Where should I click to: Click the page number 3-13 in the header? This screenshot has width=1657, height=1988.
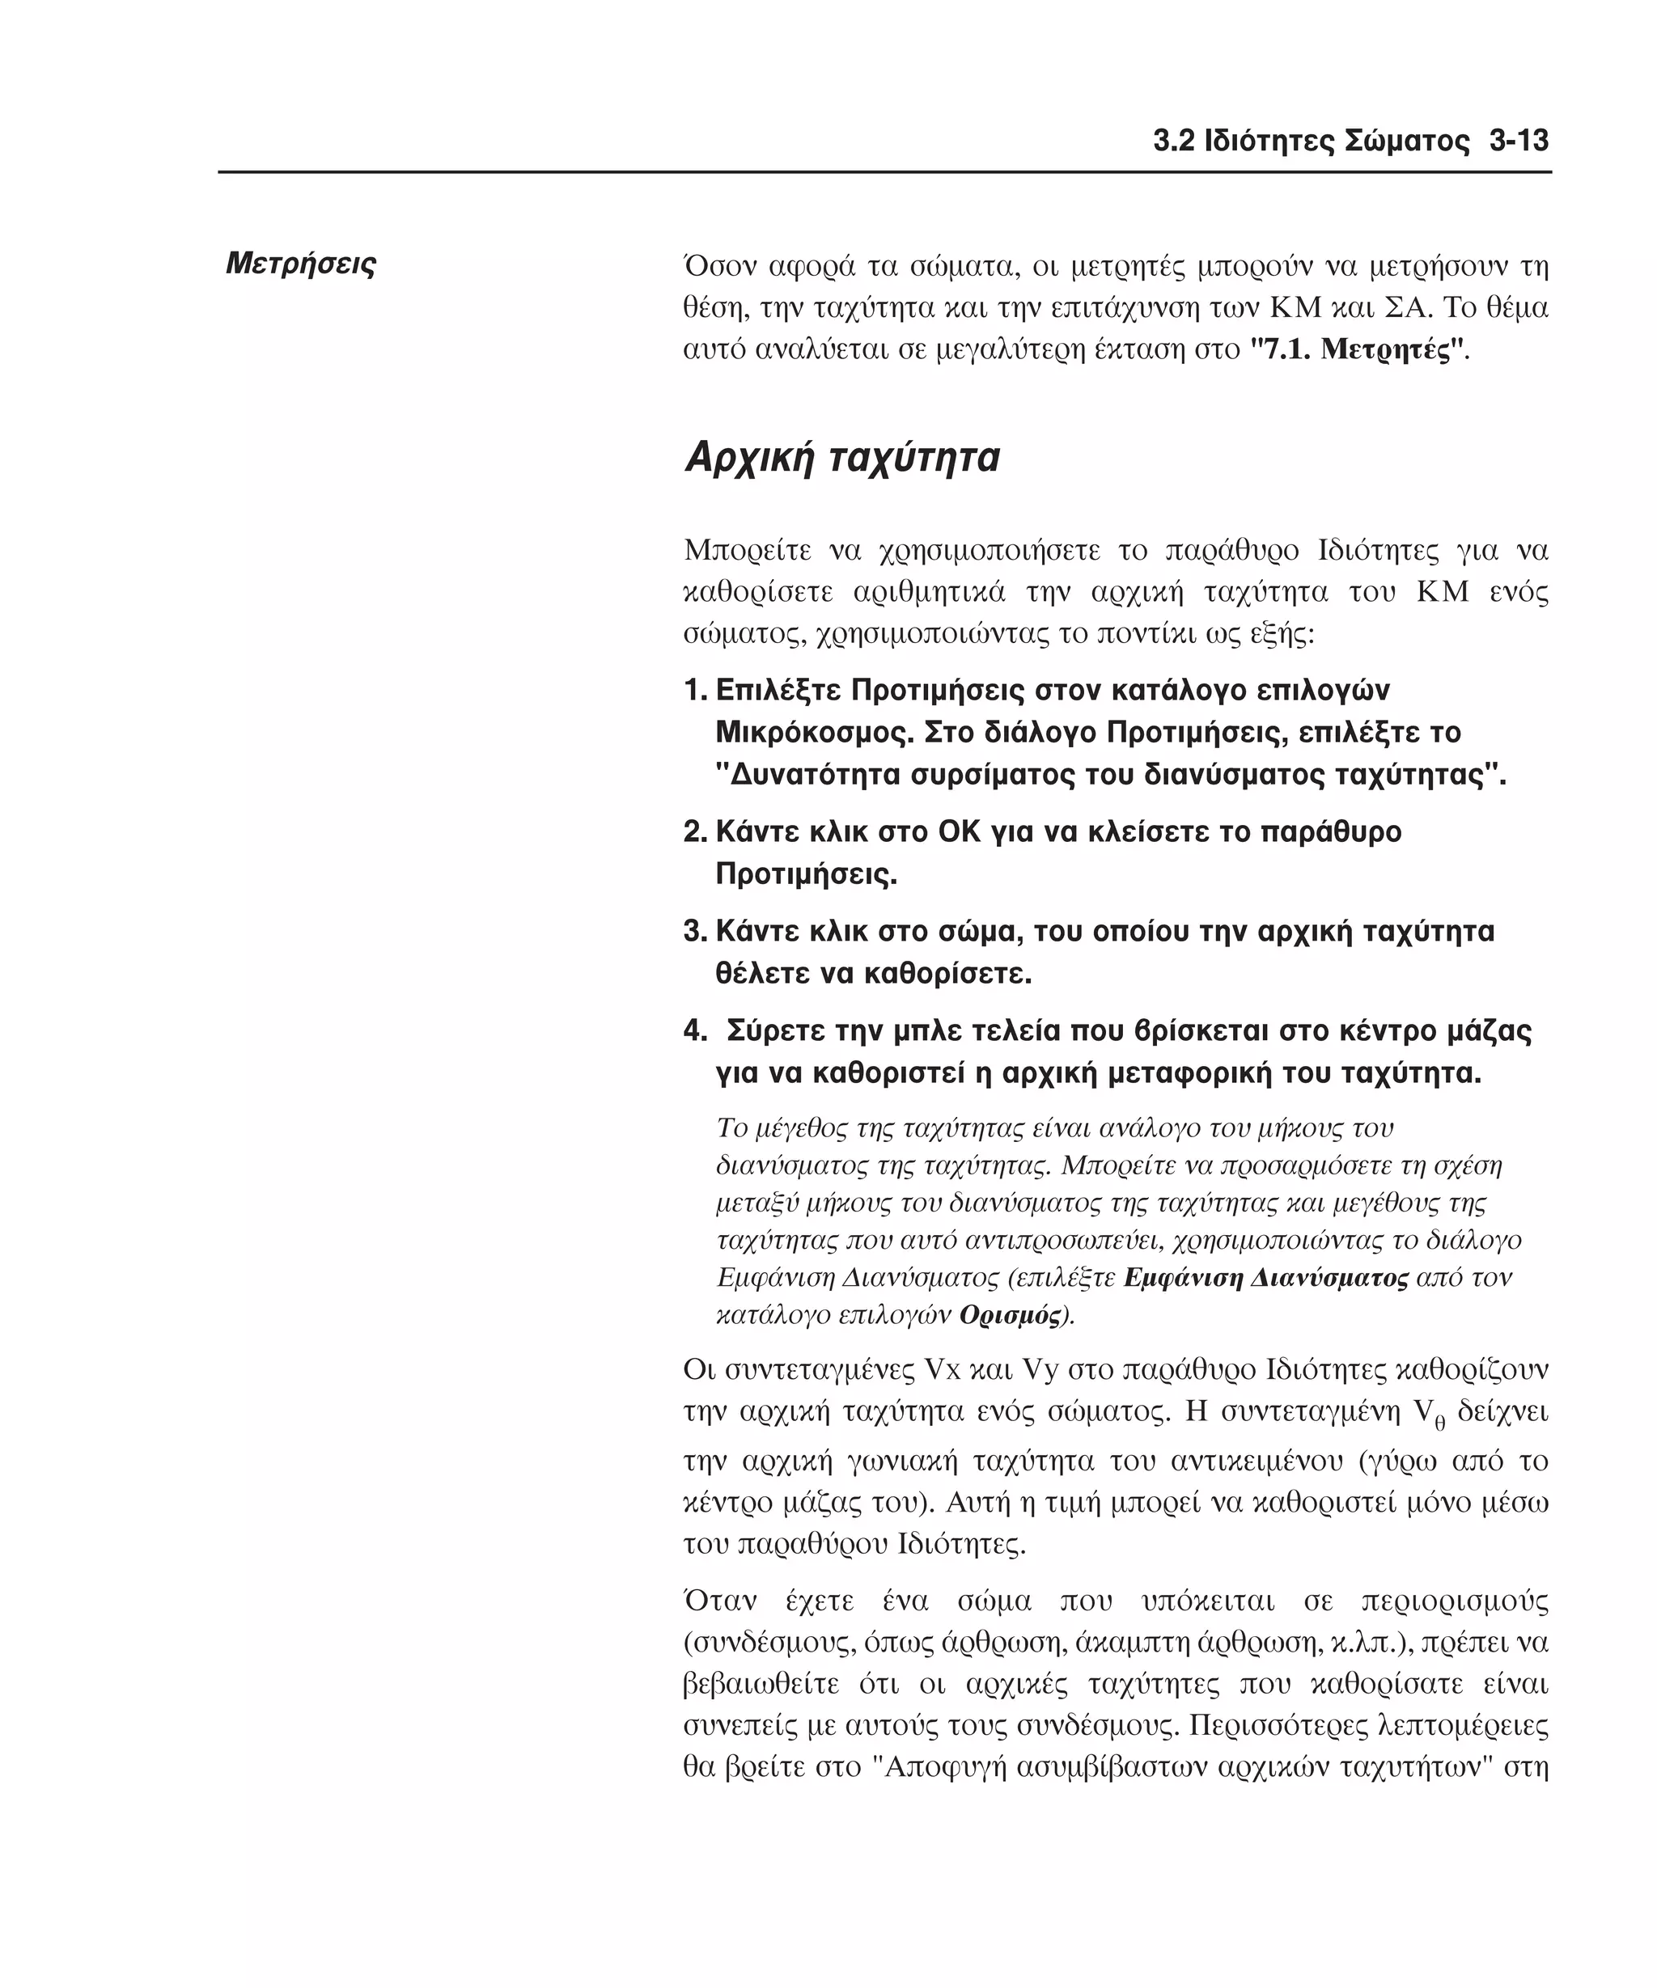(x=1519, y=141)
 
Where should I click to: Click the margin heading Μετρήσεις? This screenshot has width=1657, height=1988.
(x=301, y=263)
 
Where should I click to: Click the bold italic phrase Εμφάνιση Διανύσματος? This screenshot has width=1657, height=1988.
(x=1266, y=1277)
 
